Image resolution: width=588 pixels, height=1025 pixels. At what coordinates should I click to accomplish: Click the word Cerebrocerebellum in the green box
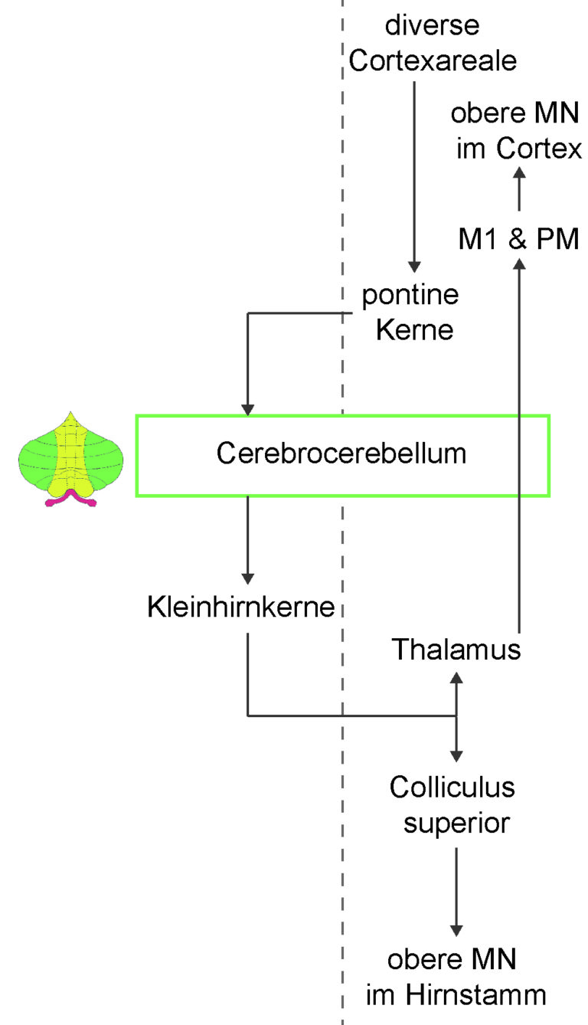tap(341, 454)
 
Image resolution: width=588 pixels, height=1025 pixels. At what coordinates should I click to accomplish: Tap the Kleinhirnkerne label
tap(241, 607)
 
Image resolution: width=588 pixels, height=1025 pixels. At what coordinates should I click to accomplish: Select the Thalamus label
tap(456, 649)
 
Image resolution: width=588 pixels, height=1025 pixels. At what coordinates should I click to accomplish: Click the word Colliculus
tap(452, 787)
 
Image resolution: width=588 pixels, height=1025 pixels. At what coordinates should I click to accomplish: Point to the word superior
tap(456, 824)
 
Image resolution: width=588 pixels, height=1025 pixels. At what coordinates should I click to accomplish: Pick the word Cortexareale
tap(433, 61)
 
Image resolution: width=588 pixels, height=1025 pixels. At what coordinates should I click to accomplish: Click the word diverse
tap(432, 25)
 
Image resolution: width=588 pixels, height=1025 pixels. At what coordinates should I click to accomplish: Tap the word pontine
tap(410, 296)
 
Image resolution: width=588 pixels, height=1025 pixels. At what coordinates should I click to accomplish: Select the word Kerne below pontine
tap(414, 329)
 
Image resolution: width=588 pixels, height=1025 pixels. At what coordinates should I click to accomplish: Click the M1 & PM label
tap(518, 238)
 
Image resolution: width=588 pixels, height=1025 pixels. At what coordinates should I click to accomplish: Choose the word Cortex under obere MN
tap(539, 149)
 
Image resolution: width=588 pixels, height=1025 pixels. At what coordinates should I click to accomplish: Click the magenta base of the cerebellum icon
tap(71, 498)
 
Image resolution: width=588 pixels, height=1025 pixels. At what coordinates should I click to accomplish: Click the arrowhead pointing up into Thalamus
tap(456, 678)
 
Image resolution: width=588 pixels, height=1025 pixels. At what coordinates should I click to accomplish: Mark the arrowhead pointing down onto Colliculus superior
tap(456, 756)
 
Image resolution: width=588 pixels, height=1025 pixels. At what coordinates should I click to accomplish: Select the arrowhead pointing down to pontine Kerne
tap(414, 267)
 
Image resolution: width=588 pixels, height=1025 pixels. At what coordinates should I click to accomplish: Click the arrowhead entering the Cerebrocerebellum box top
tap(247, 410)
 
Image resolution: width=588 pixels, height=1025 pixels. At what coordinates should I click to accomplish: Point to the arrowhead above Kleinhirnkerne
tap(247, 578)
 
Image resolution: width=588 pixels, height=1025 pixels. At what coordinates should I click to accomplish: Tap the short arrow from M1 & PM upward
tap(519, 188)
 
